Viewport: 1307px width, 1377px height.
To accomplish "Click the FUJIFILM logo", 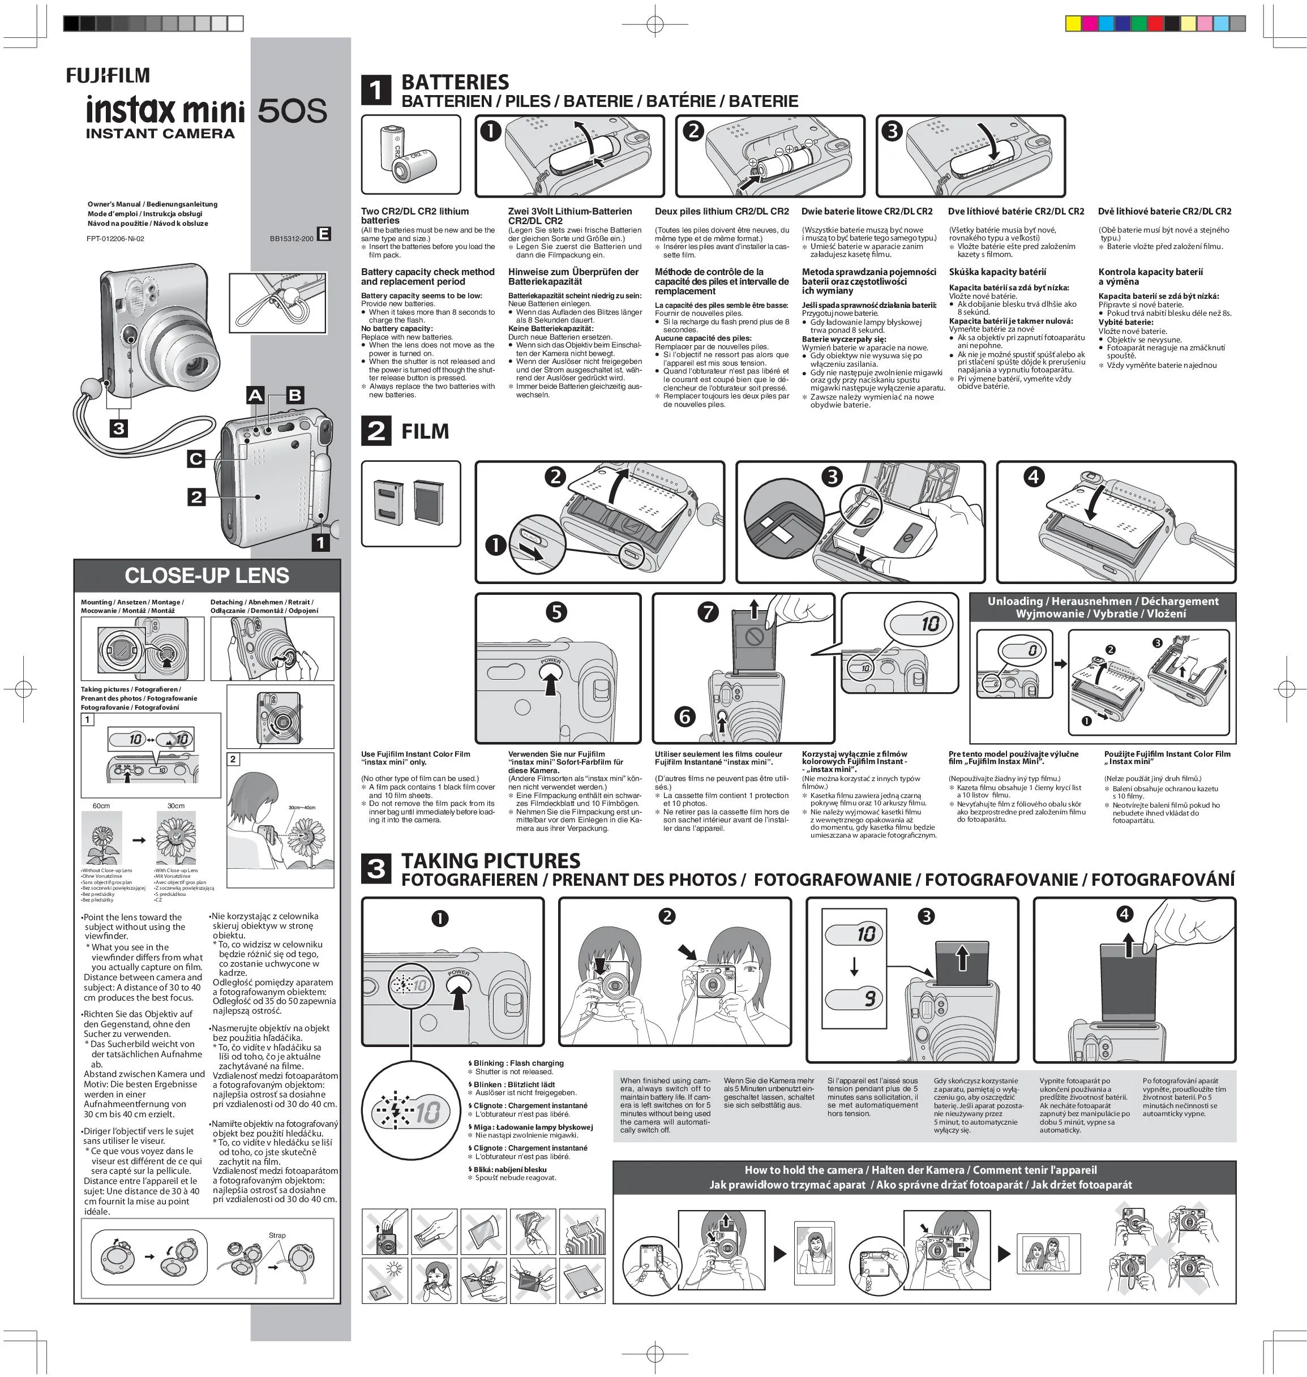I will (108, 75).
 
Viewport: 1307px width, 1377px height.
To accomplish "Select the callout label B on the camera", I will (295, 395).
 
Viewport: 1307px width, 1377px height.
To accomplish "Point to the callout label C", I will (196, 458).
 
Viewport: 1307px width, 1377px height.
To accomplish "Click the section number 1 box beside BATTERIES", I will (375, 91).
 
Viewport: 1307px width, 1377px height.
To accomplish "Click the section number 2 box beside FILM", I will (375, 431).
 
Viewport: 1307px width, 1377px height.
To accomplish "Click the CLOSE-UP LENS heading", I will (207, 576).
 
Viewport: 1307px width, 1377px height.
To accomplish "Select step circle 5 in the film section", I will (555, 612).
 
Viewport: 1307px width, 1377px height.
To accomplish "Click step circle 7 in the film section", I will (708, 612).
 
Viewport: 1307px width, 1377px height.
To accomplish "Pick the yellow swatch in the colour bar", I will (1074, 24).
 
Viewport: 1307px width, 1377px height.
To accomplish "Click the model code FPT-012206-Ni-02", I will (115, 238).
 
